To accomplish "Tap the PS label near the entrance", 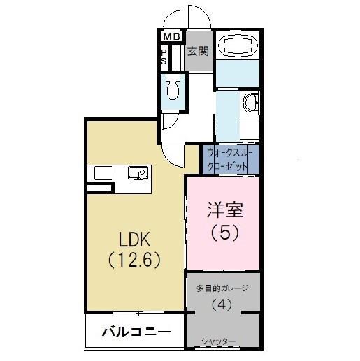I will click(x=164, y=56).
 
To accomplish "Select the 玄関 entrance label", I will click(x=198, y=51).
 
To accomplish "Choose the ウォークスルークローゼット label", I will click(x=231, y=159).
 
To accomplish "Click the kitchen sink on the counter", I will click(x=136, y=172).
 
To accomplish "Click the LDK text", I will click(x=134, y=240).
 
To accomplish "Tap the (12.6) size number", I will click(x=136, y=260).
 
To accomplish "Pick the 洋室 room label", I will click(x=224, y=210).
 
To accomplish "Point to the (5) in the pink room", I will click(x=224, y=233).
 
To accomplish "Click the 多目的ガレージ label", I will click(x=223, y=288).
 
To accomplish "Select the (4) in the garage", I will click(x=223, y=305).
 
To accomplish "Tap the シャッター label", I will click(x=218, y=341).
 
